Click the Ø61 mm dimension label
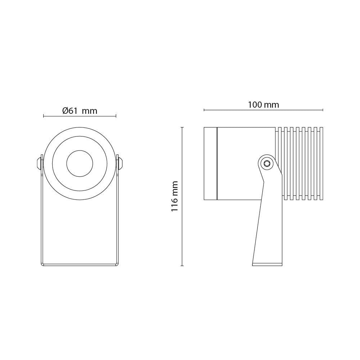point(80,111)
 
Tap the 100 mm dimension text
point(264,105)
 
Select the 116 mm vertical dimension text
point(175,196)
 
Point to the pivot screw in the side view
point(266,163)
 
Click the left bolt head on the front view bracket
point(39,163)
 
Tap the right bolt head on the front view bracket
point(120,163)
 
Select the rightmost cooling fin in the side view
point(321,163)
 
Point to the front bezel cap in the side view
point(210,163)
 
